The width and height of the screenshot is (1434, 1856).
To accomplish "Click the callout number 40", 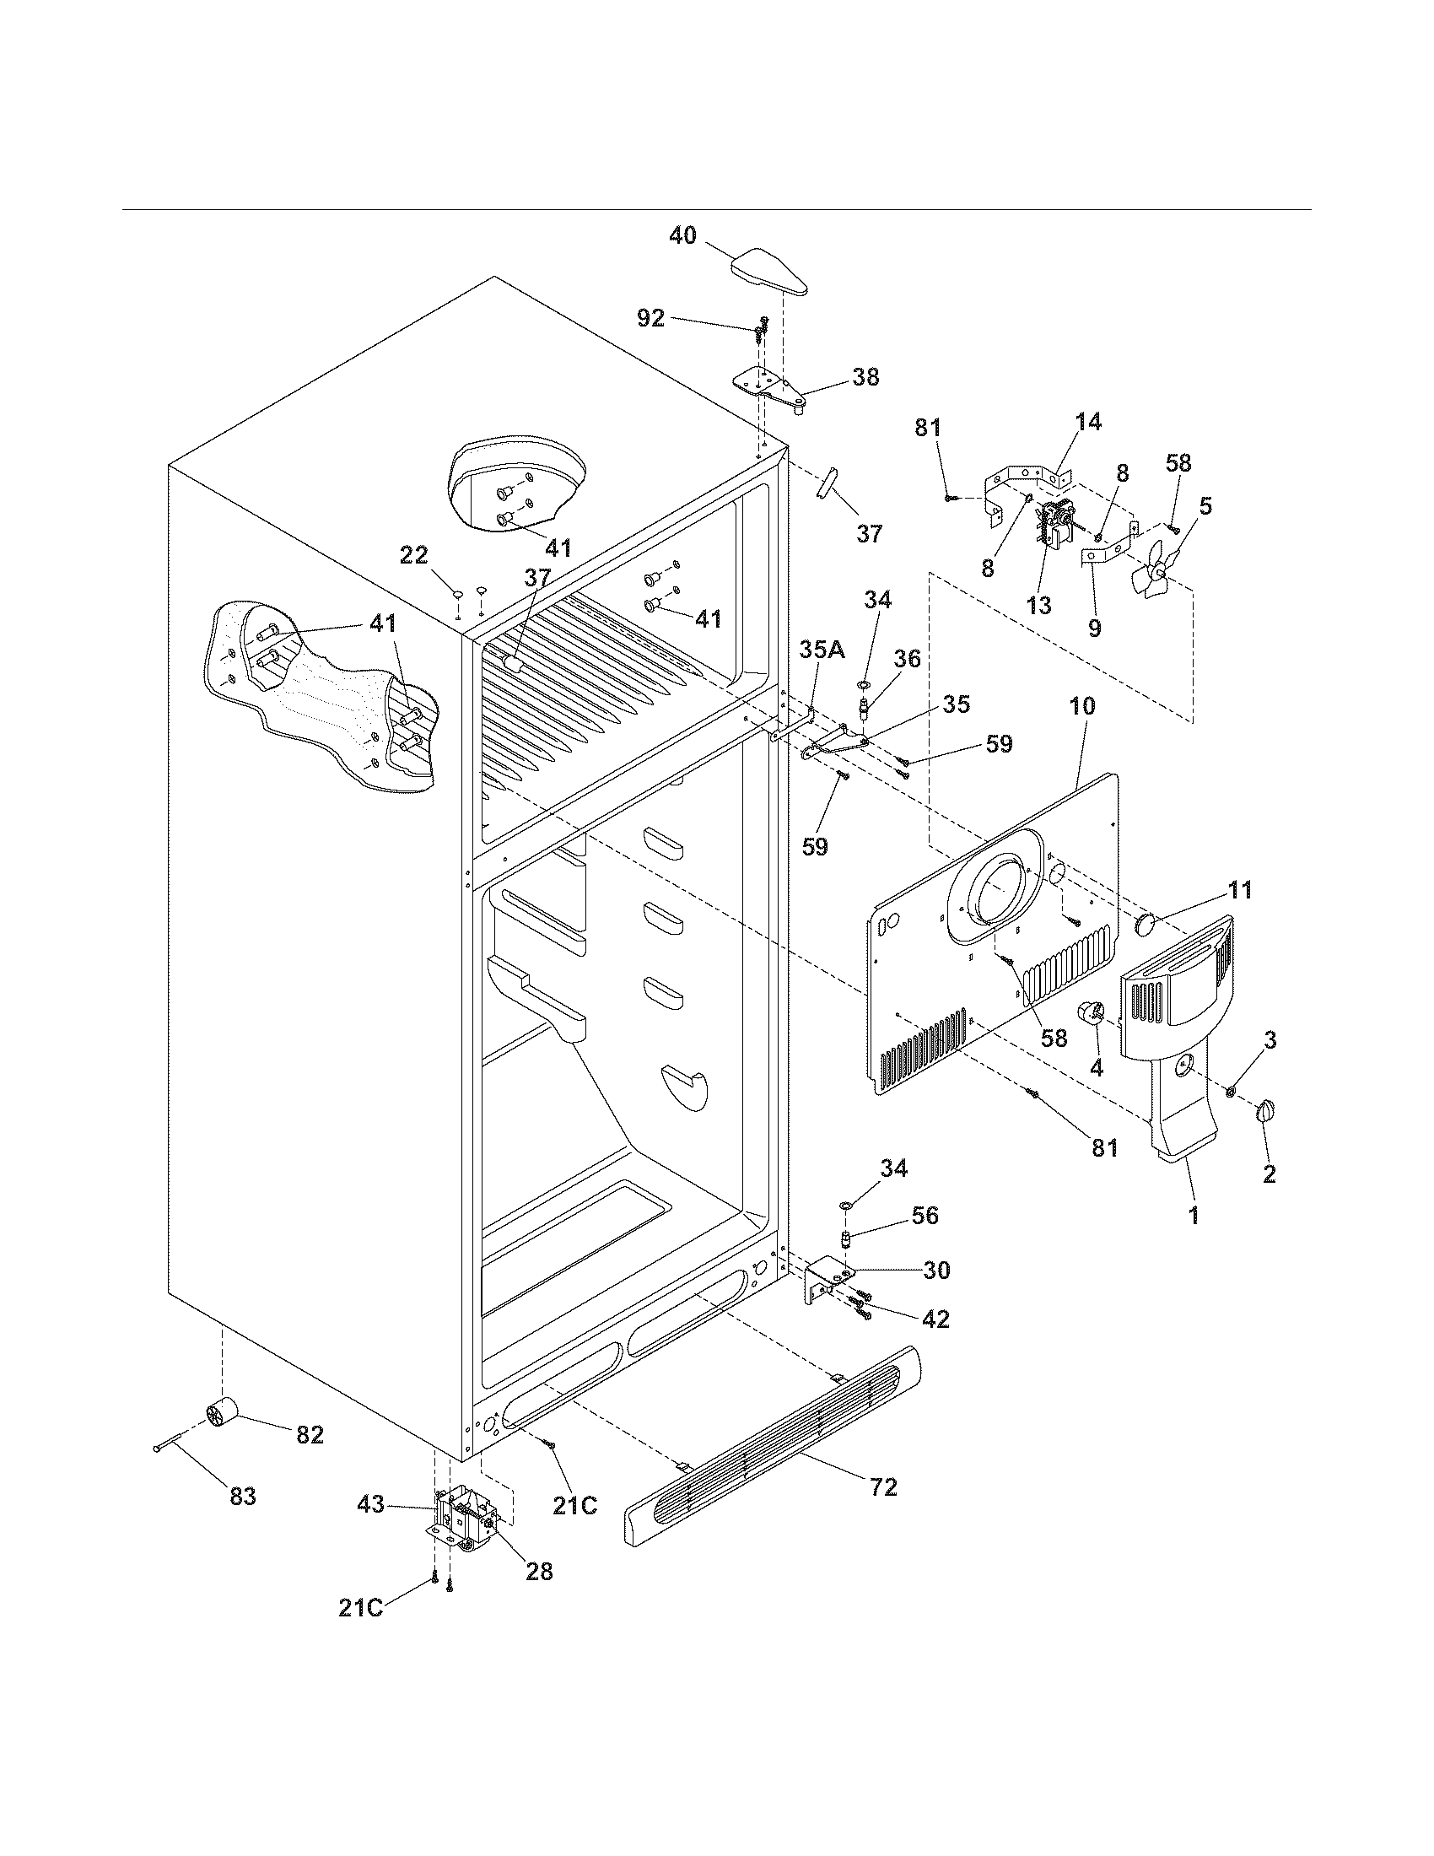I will (x=682, y=235).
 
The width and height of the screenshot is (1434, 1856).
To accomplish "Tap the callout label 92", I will (x=650, y=318).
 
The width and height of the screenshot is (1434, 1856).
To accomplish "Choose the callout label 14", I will (x=1088, y=422).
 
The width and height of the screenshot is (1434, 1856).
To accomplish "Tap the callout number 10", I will (x=1083, y=705).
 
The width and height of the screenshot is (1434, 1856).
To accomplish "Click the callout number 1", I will (x=1194, y=1216).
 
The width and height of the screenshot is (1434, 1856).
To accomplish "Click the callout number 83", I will (x=243, y=1496).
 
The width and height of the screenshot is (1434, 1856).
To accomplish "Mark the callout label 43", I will (x=370, y=1503).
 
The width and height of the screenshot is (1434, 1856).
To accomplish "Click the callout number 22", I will (x=413, y=555).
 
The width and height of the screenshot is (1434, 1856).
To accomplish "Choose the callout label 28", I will (x=539, y=1572).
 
